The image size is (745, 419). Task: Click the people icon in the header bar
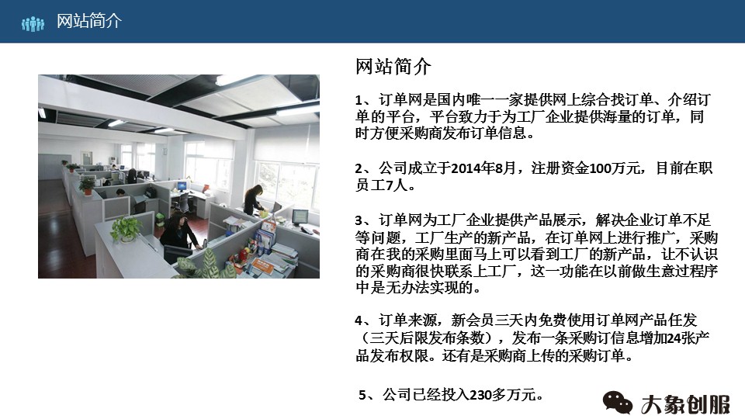(x=33, y=23)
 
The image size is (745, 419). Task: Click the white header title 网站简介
(x=89, y=22)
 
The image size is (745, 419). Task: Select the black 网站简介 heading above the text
(x=393, y=67)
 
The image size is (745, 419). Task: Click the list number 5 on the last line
(x=363, y=395)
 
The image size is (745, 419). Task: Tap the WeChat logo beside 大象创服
(x=619, y=402)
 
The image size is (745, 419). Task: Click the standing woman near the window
(x=251, y=199)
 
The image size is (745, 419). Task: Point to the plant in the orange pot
(x=87, y=185)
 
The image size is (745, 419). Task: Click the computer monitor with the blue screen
(x=182, y=186)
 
